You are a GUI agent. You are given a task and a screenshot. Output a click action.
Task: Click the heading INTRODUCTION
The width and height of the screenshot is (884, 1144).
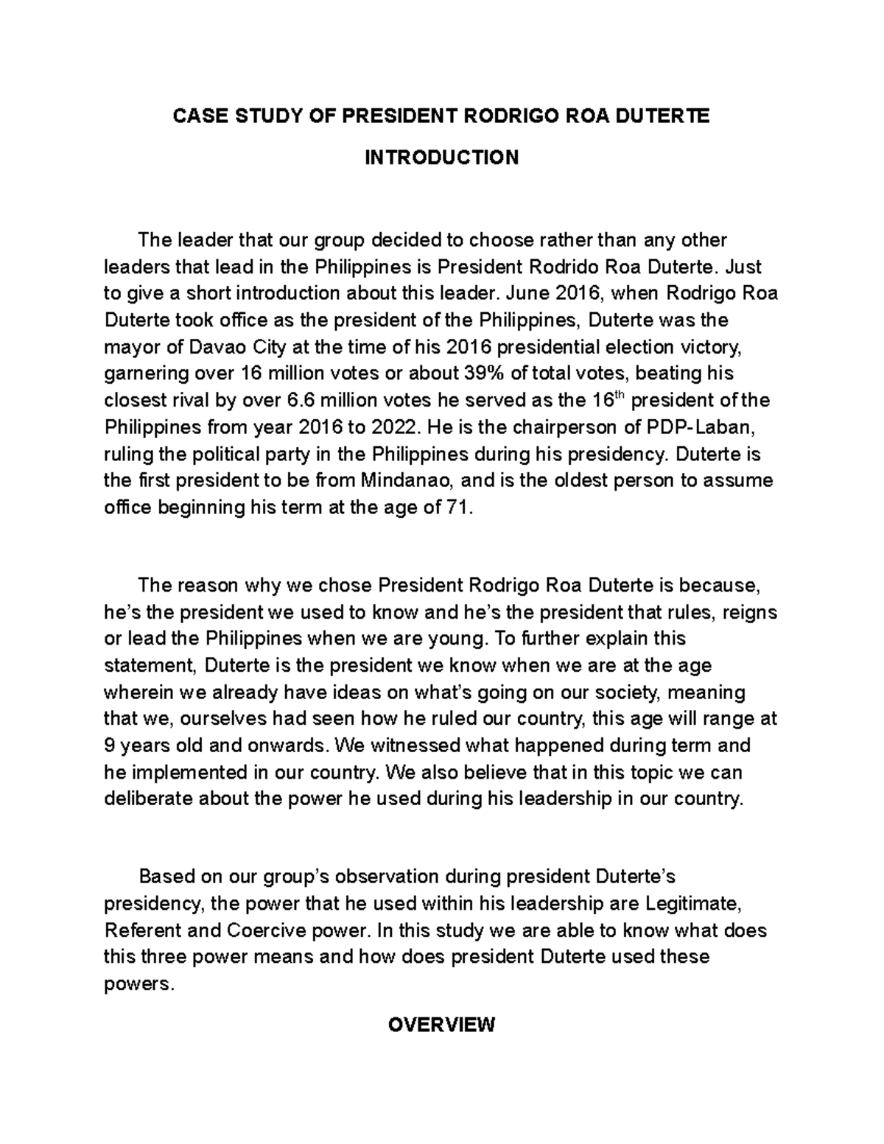[442, 158]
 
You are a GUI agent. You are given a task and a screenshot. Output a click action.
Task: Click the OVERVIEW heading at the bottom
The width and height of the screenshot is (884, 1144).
[442, 1025]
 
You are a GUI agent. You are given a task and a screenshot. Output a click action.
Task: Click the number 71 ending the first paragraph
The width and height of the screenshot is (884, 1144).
[457, 508]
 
